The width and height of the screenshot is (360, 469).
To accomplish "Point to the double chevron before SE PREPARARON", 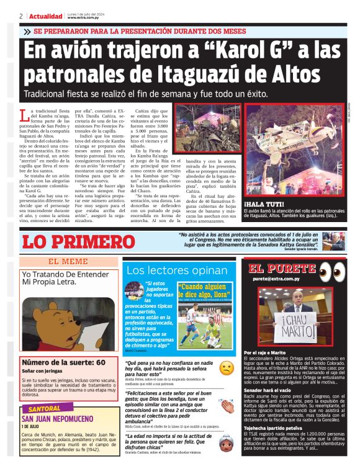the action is point(27,31).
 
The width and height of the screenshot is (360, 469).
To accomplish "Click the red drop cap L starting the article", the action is point(24,114).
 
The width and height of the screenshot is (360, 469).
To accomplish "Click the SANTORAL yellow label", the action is point(45,409).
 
